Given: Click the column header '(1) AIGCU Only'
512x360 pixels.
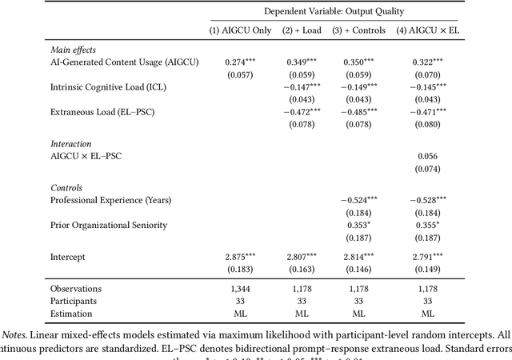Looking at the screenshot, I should (x=240, y=30).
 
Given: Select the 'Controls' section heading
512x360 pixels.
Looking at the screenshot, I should (x=68, y=186).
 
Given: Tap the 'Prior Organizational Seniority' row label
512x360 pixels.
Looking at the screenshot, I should (x=109, y=225).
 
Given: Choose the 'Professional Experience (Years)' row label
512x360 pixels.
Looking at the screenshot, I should (x=110, y=199).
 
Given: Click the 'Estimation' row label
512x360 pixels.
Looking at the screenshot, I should (x=71, y=314).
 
